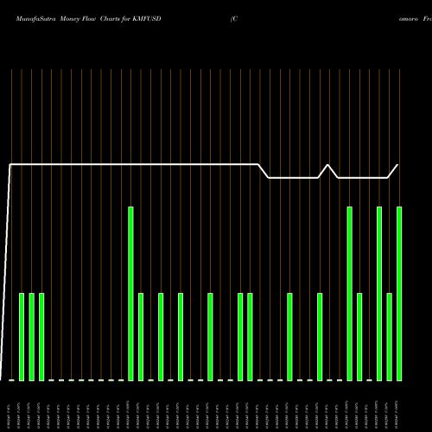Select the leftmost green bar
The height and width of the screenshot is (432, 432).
[22, 337]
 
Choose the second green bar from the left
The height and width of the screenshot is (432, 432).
[31, 337]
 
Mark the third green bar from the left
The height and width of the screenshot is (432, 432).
[41, 337]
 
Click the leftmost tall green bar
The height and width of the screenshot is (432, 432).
[130, 294]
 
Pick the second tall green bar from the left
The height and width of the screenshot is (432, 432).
[349, 294]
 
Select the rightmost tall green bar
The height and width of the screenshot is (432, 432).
[399, 294]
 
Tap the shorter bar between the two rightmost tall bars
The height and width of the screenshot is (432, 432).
[389, 337]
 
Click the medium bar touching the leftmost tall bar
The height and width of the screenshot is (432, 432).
[141, 337]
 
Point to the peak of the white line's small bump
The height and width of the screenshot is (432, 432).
[328, 164]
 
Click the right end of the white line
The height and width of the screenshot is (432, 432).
[398, 164]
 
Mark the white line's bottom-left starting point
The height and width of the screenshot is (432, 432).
[3, 378]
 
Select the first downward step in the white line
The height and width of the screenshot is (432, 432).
[264, 171]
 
